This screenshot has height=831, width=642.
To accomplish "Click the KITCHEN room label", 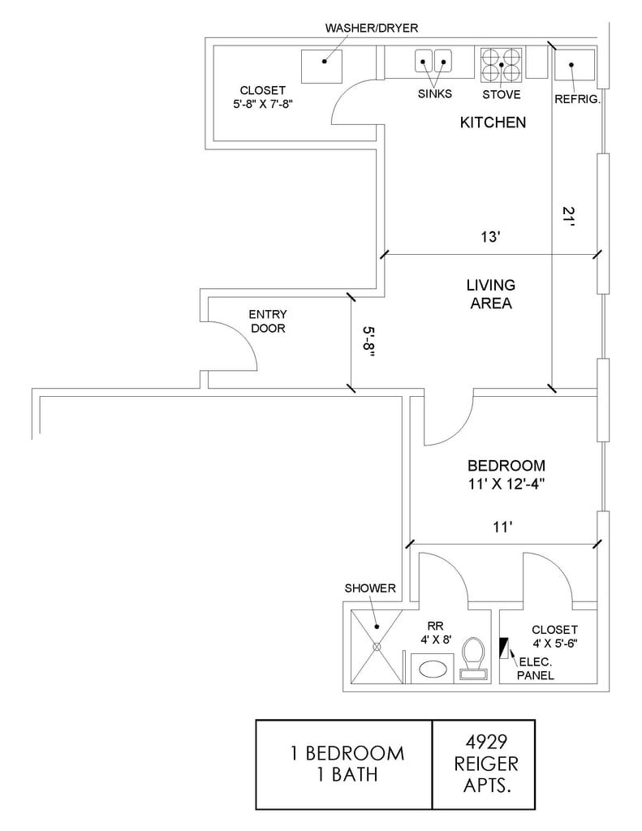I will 493,123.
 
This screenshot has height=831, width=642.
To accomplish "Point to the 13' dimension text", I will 489,238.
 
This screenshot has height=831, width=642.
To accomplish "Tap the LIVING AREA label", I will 490,295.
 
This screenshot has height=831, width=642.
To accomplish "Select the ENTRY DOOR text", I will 268,321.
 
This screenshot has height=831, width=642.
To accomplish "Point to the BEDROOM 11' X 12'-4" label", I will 506,475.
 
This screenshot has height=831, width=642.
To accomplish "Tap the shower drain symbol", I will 377,647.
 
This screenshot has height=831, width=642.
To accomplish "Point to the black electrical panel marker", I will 503,648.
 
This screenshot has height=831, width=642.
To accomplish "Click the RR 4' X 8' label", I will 438,633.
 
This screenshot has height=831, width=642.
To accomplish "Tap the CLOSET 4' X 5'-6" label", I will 554,637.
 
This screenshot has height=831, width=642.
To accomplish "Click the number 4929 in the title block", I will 486,741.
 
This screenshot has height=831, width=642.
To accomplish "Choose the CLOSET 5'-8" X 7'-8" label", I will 262,97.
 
